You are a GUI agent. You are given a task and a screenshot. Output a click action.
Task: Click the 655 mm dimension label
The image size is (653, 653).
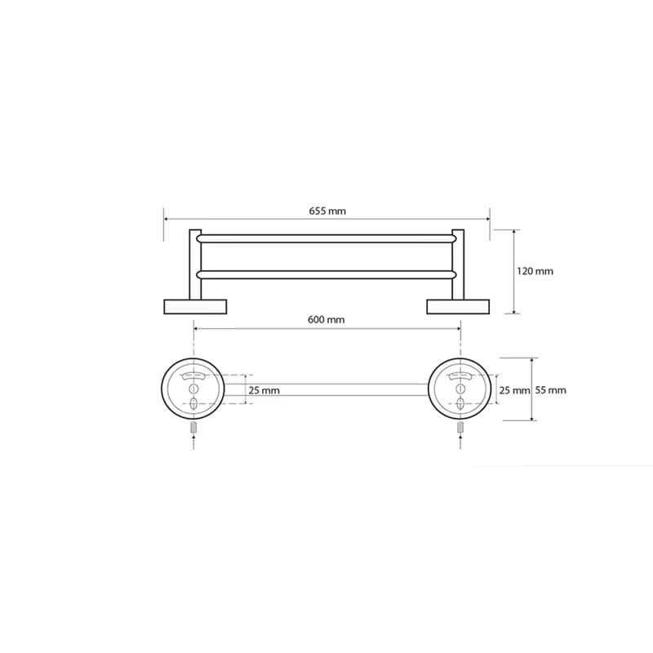[x=327, y=211]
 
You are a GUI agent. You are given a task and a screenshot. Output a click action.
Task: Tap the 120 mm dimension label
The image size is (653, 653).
[x=535, y=272]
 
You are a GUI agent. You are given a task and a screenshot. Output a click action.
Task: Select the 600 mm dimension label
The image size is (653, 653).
[x=326, y=320]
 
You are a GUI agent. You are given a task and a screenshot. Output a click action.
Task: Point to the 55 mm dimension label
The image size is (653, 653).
[x=550, y=390]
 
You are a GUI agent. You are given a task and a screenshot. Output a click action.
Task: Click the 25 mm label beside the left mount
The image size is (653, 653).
[x=264, y=391]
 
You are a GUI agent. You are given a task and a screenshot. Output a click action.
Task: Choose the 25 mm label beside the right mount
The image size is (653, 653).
[x=514, y=390]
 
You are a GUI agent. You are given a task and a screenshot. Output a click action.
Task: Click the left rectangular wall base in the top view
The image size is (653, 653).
[x=195, y=307]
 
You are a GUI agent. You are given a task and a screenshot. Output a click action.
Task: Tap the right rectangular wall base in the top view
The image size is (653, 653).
[x=458, y=307]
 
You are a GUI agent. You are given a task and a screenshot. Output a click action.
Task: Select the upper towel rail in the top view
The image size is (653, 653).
[x=327, y=238]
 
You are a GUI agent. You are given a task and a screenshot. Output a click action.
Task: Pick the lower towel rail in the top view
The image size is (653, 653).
[x=327, y=274]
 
